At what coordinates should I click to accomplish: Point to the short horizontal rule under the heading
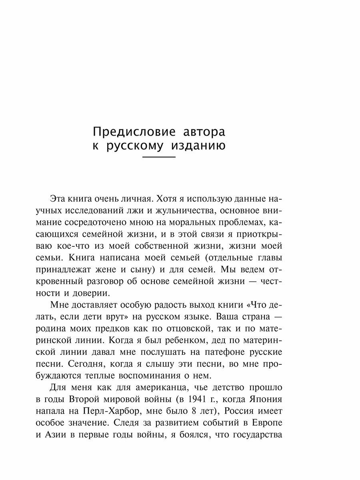click(159, 159)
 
